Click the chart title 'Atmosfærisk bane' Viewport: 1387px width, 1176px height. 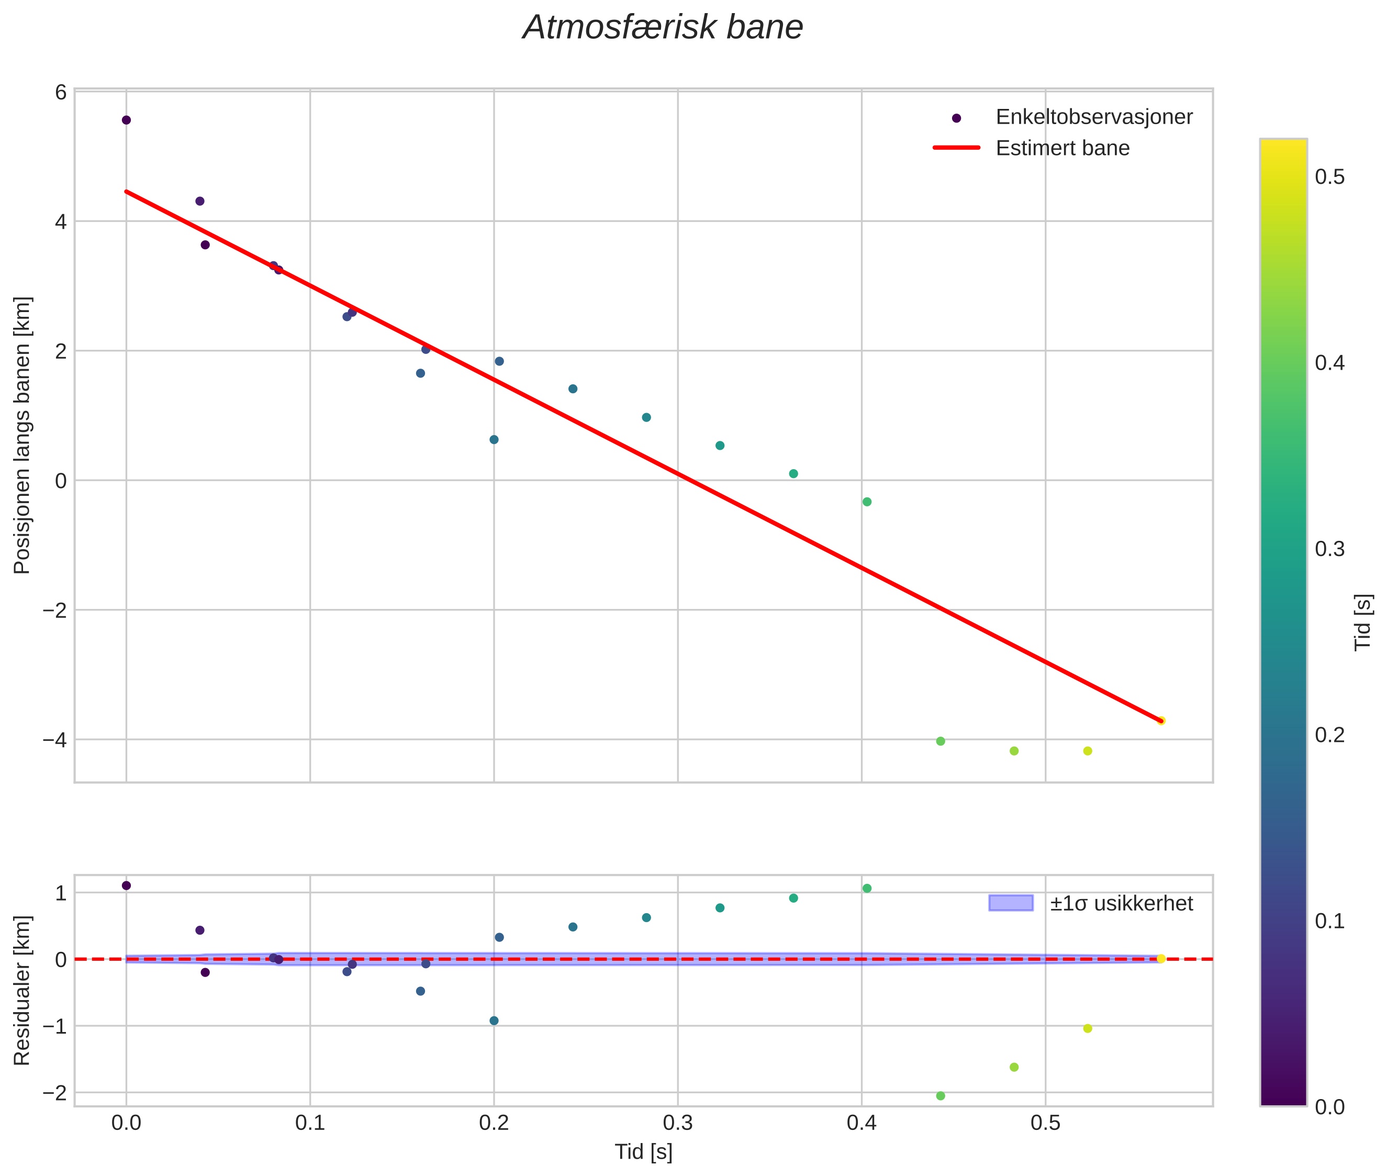663,28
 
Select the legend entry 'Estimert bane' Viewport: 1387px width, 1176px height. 1062,148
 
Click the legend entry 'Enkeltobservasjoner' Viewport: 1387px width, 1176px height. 1093,117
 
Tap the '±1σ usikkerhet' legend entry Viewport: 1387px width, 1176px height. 1121,903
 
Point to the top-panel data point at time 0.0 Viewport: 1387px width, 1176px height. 126,120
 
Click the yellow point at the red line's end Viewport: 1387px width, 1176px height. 1161,720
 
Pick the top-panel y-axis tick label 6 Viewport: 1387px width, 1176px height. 61,92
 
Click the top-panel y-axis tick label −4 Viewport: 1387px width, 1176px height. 56,739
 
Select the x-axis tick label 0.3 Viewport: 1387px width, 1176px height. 677,1123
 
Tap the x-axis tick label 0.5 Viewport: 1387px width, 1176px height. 1045,1123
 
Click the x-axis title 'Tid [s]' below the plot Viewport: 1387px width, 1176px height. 643,1152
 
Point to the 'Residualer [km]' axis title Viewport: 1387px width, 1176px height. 22,990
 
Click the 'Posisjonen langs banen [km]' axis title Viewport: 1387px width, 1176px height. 22,435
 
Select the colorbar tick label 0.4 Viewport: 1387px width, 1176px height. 1329,363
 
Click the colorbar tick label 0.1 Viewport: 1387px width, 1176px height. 1329,922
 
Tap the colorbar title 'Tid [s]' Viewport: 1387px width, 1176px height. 1363,622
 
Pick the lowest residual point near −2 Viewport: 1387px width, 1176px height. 941,1096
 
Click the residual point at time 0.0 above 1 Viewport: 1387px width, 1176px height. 126,885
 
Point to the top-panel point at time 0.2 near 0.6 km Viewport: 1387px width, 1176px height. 494,439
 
